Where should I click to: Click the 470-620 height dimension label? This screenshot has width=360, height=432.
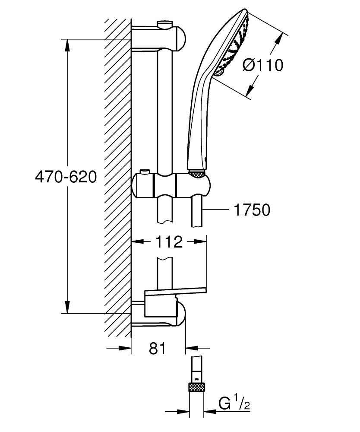(x=66, y=177)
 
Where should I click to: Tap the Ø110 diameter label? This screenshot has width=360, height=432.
(x=263, y=66)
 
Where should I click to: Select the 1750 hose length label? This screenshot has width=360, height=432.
(x=252, y=210)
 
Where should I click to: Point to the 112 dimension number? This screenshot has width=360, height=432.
(x=169, y=241)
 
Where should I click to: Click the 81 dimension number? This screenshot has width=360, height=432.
(x=158, y=348)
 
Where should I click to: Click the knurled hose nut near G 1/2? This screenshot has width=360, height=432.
(x=197, y=387)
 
